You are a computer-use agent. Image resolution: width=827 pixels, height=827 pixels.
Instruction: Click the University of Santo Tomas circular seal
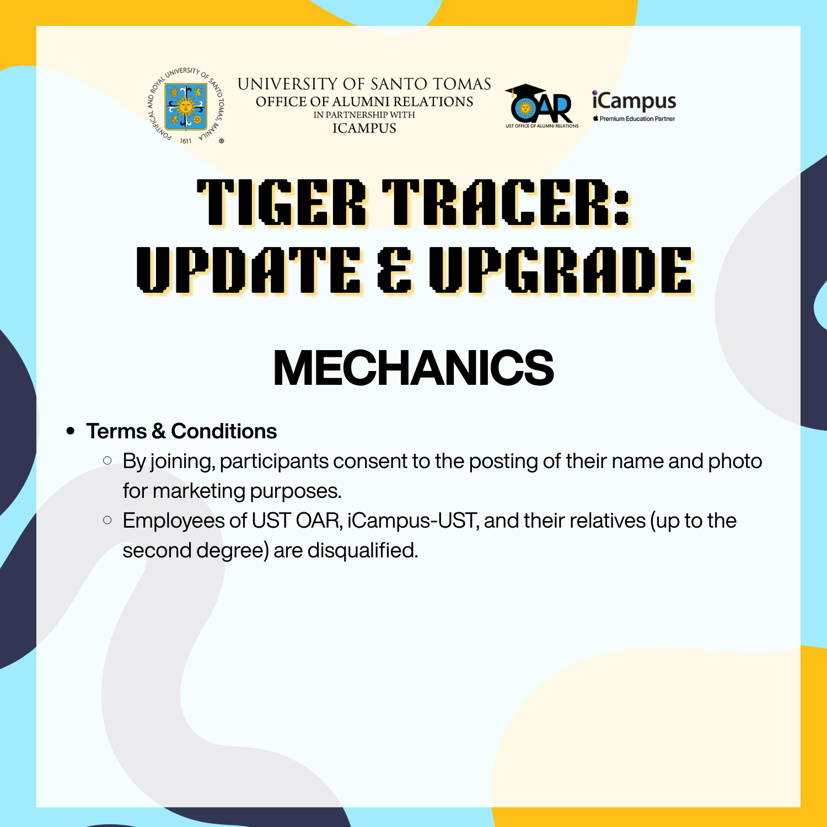point(186,106)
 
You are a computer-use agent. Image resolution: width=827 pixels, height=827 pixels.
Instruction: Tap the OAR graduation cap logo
point(541,106)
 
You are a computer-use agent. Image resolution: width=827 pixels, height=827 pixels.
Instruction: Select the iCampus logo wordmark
point(634,101)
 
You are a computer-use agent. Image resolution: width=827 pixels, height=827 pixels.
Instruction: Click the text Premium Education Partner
point(637,119)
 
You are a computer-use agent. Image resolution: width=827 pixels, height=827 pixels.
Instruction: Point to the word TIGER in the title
point(282,202)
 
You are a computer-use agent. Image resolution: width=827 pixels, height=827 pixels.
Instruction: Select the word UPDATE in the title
point(249,270)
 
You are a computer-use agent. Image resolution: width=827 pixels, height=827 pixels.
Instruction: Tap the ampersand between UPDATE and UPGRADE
point(395,270)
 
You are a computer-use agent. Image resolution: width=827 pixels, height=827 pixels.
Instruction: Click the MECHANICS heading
point(413,368)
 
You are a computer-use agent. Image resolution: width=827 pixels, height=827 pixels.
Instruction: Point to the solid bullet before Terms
point(70,431)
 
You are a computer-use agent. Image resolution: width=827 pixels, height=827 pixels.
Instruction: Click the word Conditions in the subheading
point(224,431)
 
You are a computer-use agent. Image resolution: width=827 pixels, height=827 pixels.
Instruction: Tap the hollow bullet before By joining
point(108,460)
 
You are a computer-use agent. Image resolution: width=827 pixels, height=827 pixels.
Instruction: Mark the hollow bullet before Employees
point(108,520)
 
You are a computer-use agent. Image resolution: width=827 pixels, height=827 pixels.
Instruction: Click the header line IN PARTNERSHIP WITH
point(364,115)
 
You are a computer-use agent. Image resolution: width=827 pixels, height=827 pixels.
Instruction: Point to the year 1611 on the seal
point(186,141)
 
